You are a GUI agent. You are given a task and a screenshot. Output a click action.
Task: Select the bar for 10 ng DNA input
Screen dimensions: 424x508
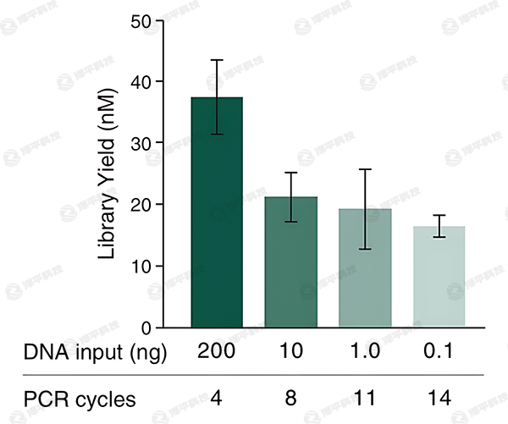[x=290, y=262]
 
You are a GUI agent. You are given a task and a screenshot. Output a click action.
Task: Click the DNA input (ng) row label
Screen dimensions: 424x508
[x=95, y=352]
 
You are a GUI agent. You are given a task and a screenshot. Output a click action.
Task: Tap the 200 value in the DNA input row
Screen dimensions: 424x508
[x=217, y=352]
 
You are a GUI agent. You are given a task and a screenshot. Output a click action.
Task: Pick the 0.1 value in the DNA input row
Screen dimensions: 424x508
[x=439, y=352]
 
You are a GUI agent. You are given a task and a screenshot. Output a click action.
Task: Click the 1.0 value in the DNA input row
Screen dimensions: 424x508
[x=365, y=352]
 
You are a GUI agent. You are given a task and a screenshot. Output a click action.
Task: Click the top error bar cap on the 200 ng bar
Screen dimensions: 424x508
[x=217, y=60]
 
